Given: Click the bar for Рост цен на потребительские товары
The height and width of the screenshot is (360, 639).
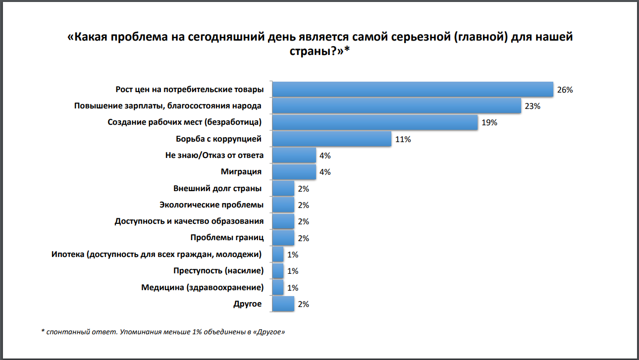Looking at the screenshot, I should (x=413, y=90).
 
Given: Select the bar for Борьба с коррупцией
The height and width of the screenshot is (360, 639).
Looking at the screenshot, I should (x=332, y=139).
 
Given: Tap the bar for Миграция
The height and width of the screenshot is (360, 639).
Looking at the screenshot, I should (x=294, y=172).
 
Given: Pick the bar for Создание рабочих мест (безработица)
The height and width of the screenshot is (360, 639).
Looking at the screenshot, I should (x=375, y=122).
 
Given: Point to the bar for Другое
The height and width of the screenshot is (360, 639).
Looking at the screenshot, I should (x=283, y=304).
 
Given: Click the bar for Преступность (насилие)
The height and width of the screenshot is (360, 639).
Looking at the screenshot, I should (x=278, y=271).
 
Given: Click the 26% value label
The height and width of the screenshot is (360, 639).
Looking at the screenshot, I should (x=565, y=90).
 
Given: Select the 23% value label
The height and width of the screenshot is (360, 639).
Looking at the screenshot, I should (x=532, y=106).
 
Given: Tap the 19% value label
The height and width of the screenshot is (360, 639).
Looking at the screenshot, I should (x=489, y=123).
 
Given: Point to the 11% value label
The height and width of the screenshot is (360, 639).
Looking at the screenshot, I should (x=403, y=139).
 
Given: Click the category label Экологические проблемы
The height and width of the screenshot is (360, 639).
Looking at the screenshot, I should (x=212, y=205).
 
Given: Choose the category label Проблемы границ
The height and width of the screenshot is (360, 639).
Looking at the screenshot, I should (x=227, y=238).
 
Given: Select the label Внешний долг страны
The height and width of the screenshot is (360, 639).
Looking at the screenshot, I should (x=217, y=188).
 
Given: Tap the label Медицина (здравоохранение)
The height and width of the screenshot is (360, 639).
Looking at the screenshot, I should (x=202, y=287).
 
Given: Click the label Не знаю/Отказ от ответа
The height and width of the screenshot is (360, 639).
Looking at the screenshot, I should (x=214, y=155).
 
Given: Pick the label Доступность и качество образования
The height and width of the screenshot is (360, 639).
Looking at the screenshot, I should (x=189, y=221).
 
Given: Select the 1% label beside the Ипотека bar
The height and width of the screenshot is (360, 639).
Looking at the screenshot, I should (x=293, y=255).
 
